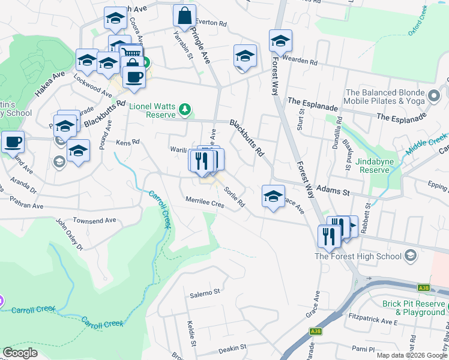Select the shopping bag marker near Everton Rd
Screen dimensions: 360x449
point(185,16)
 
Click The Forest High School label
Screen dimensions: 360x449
point(358,256)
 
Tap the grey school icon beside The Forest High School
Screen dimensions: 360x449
point(411,256)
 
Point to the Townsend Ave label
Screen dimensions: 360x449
point(94,220)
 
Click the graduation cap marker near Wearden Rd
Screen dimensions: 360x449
point(280,41)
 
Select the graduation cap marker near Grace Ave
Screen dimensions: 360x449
point(273,196)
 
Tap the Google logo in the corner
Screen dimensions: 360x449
point(20,353)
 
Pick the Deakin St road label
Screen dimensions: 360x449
point(232,347)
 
